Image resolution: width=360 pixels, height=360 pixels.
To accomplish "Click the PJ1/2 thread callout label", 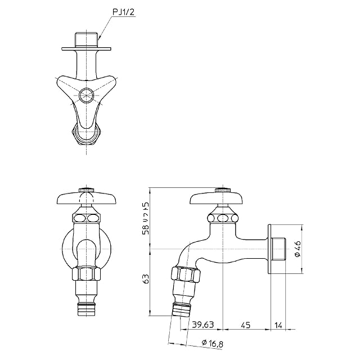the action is pyautogui.click(x=123, y=12).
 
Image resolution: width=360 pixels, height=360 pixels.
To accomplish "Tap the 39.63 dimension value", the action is pyautogui.click(x=203, y=325).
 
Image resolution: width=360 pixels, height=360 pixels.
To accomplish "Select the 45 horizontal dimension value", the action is pyautogui.click(x=245, y=325).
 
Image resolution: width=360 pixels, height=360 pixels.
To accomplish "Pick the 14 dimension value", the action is pyautogui.click(x=278, y=325).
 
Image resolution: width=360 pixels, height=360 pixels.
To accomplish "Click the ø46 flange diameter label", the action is pyautogui.click(x=297, y=249).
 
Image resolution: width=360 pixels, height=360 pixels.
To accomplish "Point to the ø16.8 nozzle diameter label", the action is pyautogui.click(x=212, y=343).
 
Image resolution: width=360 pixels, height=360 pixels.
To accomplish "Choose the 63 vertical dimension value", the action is pyautogui.click(x=146, y=279).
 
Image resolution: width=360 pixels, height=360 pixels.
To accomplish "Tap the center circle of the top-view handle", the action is pyautogui.click(x=86, y=95).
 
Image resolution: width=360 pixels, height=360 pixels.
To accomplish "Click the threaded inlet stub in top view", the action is pyautogui.click(x=86, y=40).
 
